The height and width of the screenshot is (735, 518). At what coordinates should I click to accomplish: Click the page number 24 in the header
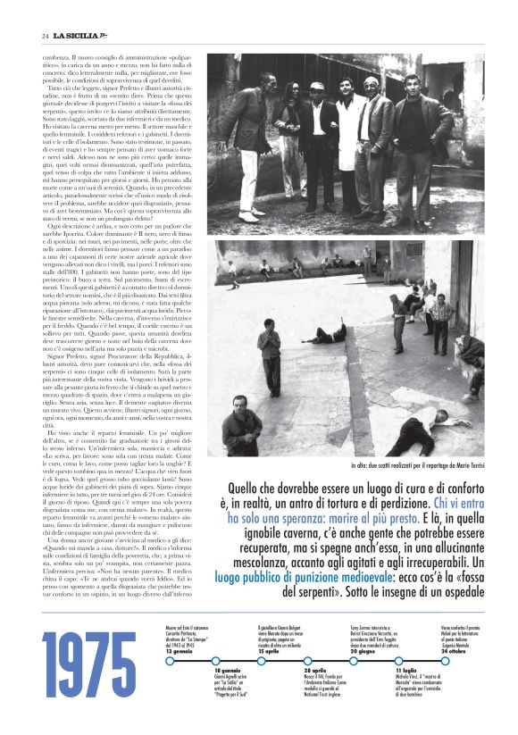tap(44, 35)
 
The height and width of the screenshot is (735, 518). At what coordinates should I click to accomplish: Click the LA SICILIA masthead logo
tap(81, 35)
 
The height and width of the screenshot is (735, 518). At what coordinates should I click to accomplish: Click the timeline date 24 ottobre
tap(457, 652)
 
